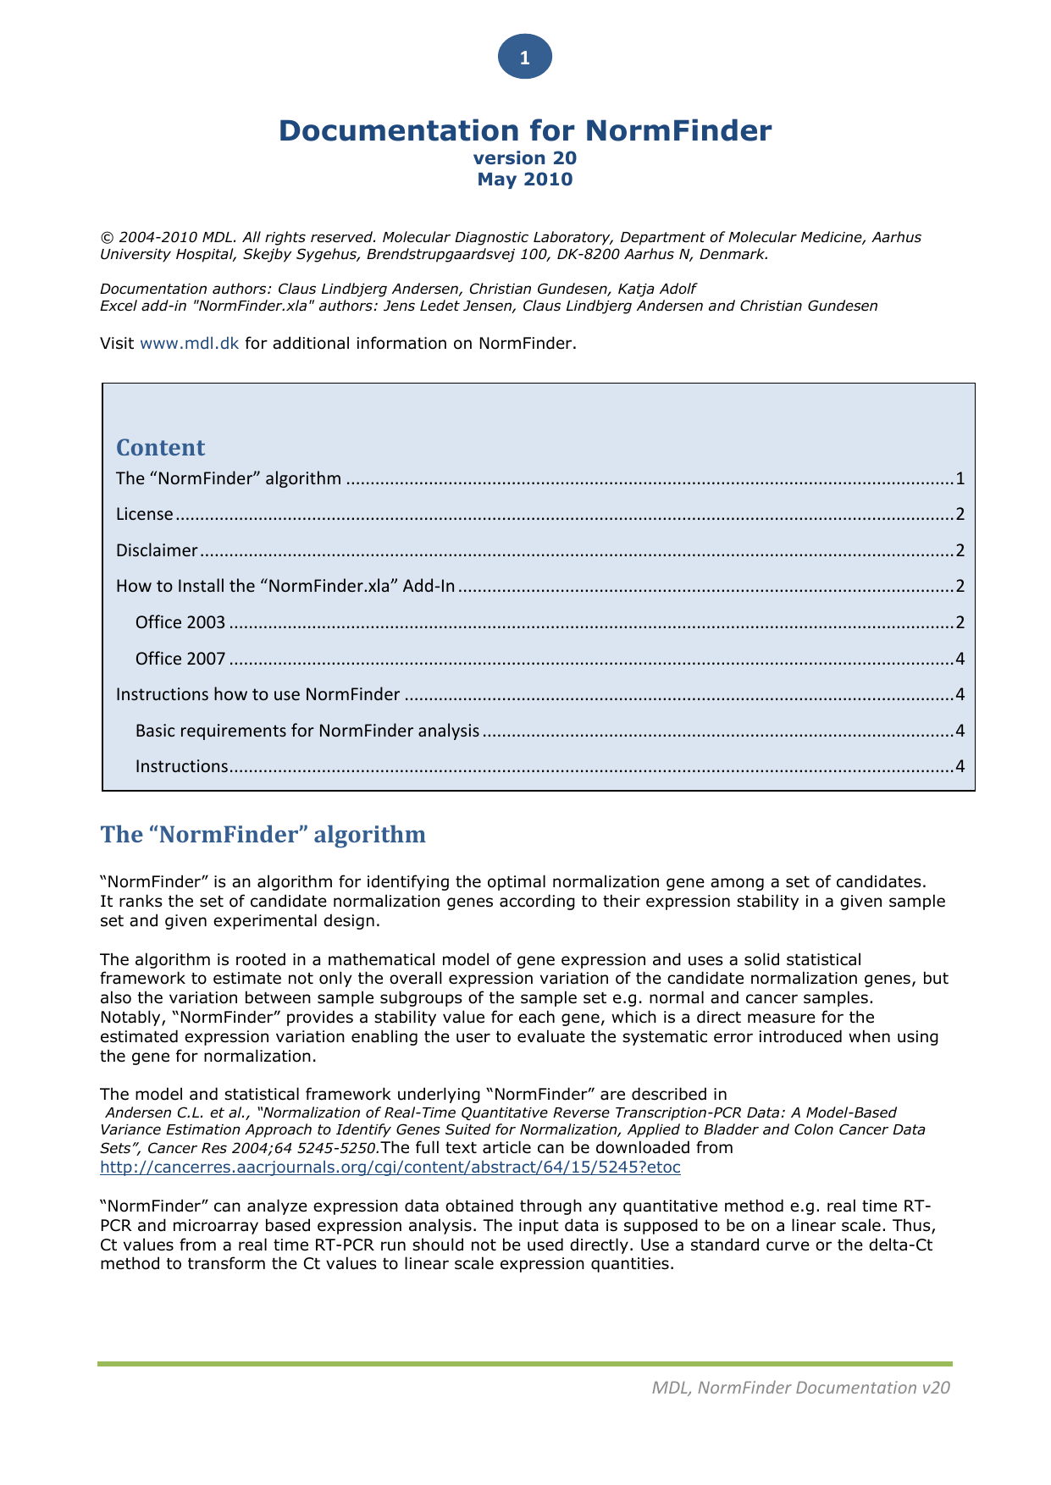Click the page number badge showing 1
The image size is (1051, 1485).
pos(525,58)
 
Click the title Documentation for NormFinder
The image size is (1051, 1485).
pos(525,130)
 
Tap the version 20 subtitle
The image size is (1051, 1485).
pos(525,158)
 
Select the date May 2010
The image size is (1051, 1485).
pos(525,179)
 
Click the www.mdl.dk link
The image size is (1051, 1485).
pos(189,343)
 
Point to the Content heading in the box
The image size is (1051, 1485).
pos(160,448)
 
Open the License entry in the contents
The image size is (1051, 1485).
pos(145,514)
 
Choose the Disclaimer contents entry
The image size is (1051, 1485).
pos(157,550)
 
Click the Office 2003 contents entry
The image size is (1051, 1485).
pos(180,622)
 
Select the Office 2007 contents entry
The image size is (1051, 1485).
pos(180,659)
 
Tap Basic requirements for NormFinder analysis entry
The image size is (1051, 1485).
pos(307,731)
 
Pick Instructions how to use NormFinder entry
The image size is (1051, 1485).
pos(257,694)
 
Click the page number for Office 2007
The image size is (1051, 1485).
pos(960,659)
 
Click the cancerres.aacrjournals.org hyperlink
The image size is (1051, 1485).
pos(390,1168)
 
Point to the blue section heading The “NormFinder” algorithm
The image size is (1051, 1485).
pos(263,835)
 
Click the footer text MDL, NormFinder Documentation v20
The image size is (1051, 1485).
pos(801,1388)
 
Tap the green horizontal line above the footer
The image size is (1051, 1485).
pos(525,1364)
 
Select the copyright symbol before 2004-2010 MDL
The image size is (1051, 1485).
pos(107,238)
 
